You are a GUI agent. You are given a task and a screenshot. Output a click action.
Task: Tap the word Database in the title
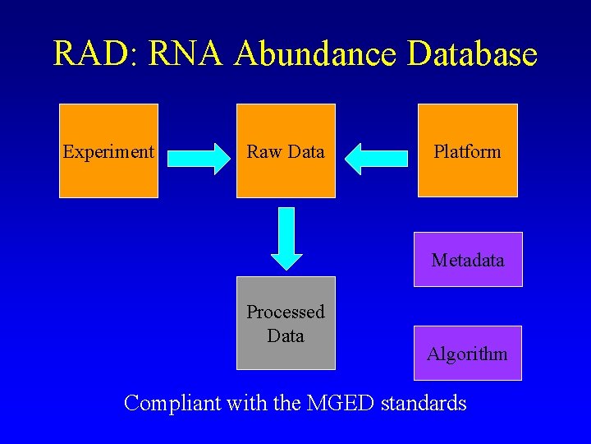(x=472, y=54)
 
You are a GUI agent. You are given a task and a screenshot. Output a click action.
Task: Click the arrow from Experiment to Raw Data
(x=199, y=158)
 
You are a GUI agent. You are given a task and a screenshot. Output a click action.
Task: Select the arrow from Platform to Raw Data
(x=376, y=158)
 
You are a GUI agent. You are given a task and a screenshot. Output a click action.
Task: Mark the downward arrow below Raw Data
(x=286, y=238)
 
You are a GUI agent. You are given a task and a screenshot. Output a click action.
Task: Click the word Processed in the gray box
(x=286, y=312)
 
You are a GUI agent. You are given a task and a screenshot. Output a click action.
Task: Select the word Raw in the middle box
(x=263, y=152)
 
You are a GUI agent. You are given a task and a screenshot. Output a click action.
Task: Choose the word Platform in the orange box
(x=467, y=152)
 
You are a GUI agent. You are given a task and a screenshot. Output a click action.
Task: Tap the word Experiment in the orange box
(x=108, y=152)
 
